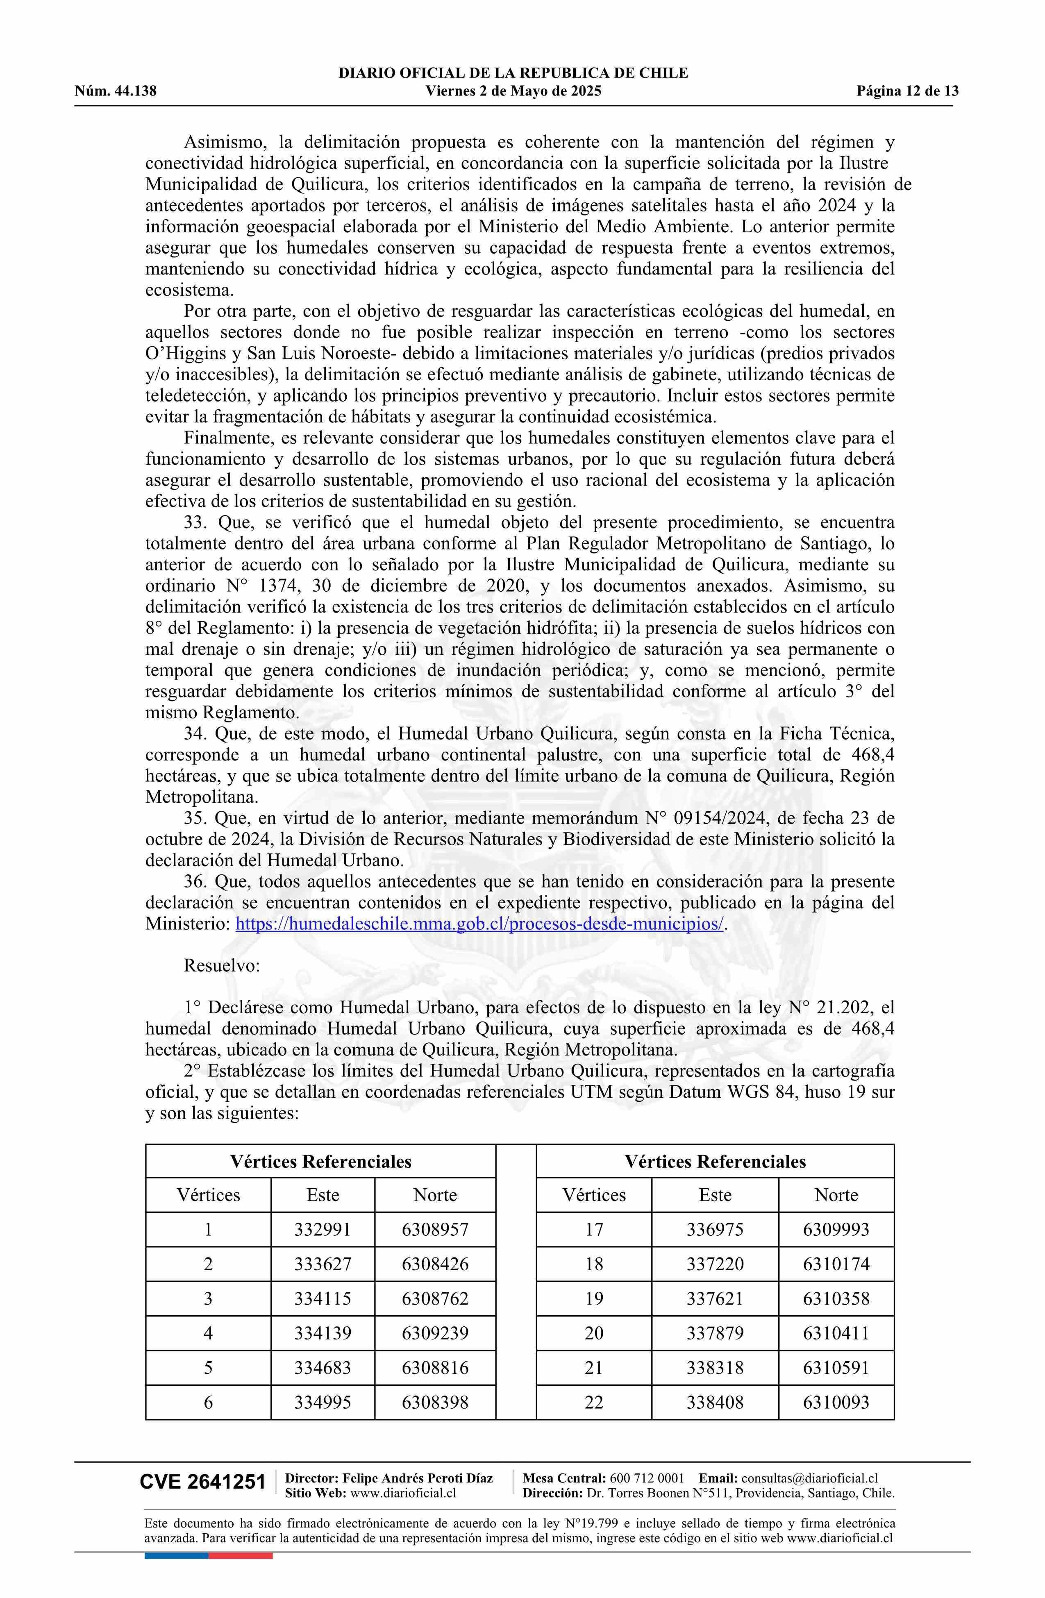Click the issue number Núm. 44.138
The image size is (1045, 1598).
(116, 91)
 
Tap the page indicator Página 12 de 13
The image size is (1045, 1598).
(907, 91)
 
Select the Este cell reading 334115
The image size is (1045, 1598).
(323, 1298)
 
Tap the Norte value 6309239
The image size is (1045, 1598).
(435, 1333)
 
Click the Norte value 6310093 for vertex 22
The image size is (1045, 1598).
(836, 1402)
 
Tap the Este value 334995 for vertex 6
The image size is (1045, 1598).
(323, 1402)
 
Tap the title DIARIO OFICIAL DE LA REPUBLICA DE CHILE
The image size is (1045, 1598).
(513, 73)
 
